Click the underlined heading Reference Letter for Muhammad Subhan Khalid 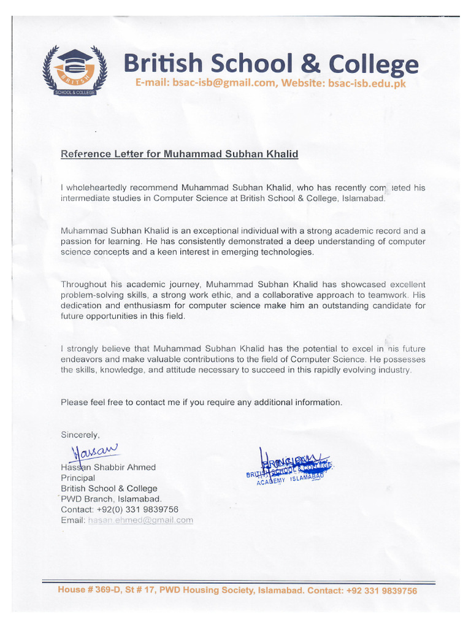179,154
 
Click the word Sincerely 80,434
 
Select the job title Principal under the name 78,478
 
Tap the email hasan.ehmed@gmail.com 140,520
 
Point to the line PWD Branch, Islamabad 112,499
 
